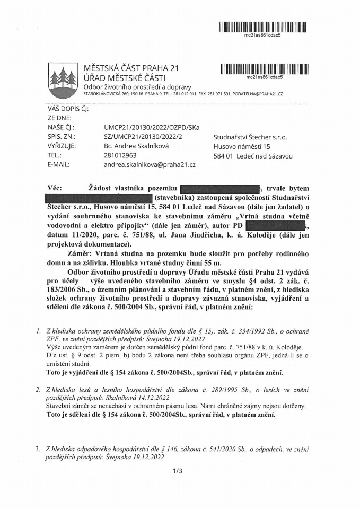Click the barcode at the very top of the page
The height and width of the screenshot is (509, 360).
point(258,26)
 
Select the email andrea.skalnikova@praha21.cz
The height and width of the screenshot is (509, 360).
point(150,165)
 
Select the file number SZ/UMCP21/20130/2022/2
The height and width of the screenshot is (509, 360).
point(143,137)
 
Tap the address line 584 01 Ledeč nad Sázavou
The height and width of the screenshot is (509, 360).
point(253,156)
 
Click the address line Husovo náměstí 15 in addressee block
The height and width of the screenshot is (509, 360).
point(240,146)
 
